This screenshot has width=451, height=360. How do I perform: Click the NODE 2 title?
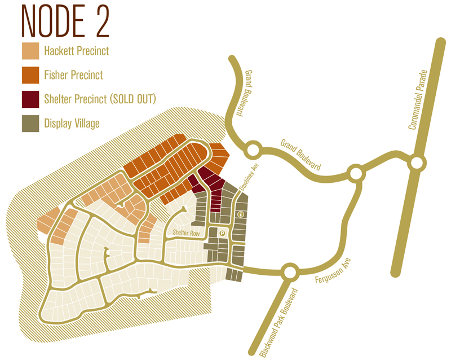65,21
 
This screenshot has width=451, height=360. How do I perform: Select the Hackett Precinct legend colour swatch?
30,51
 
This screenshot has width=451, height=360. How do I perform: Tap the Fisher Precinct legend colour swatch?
30,75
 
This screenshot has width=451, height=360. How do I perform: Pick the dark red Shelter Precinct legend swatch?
30,99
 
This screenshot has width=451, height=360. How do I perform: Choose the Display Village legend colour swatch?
30,123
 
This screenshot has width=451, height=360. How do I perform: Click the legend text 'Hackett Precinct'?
76,51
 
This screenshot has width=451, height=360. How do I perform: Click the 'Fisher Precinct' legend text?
73,75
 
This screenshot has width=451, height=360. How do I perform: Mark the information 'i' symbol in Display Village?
241,214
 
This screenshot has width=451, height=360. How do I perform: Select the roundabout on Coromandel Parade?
417,164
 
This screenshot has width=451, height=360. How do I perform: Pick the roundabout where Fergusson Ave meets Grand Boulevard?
355,173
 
